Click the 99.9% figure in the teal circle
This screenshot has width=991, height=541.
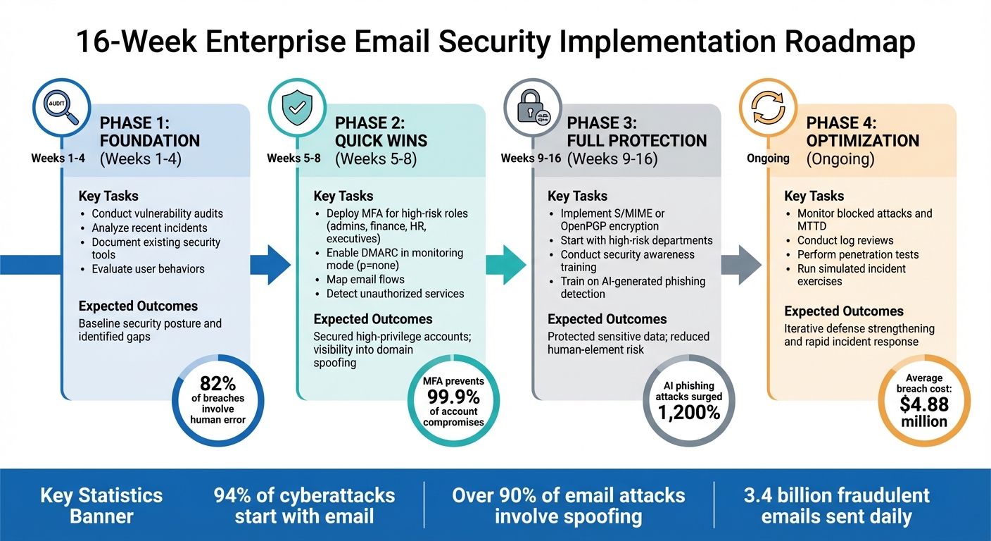pyautogui.click(x=453, y=397)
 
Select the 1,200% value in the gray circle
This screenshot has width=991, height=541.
pyautogui.click(x=689, y=412)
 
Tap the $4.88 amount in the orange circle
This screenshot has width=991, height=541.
pyautogui.click(x=924, y=404)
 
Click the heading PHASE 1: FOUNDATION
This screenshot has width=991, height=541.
pyautogui.click(x=150, y=131)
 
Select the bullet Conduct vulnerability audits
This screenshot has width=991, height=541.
pyautogui.click(x=157, y=213)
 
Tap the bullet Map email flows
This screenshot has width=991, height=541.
pyautogui.click(x=365, y=280)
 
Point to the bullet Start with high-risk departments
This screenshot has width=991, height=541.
pyautogui.click(x=636, y=240)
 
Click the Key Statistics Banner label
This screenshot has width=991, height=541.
pyautogui.click(x=101, y=505)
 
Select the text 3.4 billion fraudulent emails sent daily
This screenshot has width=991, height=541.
pyautogui.click(x=836, y=505)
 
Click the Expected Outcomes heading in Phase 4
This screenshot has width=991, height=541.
pyautogui.click(x=843, y=311)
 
